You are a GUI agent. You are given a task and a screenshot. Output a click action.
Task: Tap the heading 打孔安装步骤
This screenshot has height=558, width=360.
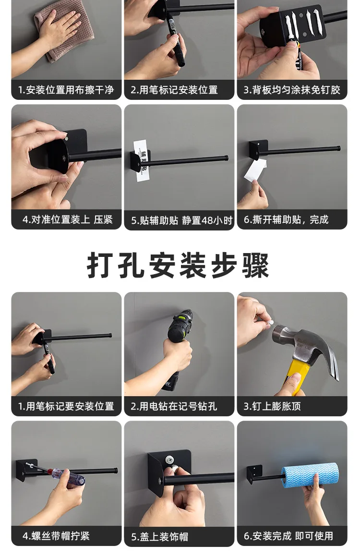pos(178,266)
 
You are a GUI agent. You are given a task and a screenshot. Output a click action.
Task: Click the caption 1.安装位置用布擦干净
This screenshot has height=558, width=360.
pos(66,90)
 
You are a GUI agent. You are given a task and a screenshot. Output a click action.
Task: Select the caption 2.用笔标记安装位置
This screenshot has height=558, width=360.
pos(174,90)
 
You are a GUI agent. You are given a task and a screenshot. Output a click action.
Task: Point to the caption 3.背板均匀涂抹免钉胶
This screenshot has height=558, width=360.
pos(292,90)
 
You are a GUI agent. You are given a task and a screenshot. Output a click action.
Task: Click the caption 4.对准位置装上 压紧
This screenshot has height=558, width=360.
pos(68,219)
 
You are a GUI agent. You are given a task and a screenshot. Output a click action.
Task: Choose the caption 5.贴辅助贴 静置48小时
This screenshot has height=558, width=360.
pos(181,220)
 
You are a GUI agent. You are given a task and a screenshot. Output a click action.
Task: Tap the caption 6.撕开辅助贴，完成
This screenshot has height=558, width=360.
pos(286,219)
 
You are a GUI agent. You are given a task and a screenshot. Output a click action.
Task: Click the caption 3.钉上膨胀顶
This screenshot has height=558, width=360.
pos(272,406)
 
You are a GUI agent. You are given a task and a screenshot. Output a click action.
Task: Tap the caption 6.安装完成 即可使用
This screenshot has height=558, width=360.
pos(288,535)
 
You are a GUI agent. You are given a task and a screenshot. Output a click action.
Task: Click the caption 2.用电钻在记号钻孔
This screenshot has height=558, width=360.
pos(174,406)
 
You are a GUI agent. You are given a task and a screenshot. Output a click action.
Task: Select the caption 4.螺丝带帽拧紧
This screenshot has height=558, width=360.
pos(56,535)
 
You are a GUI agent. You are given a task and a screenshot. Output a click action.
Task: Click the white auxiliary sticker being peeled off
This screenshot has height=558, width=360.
pos(255,170)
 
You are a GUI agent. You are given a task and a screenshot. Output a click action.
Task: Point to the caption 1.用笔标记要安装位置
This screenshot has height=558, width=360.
pos(66,406)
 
